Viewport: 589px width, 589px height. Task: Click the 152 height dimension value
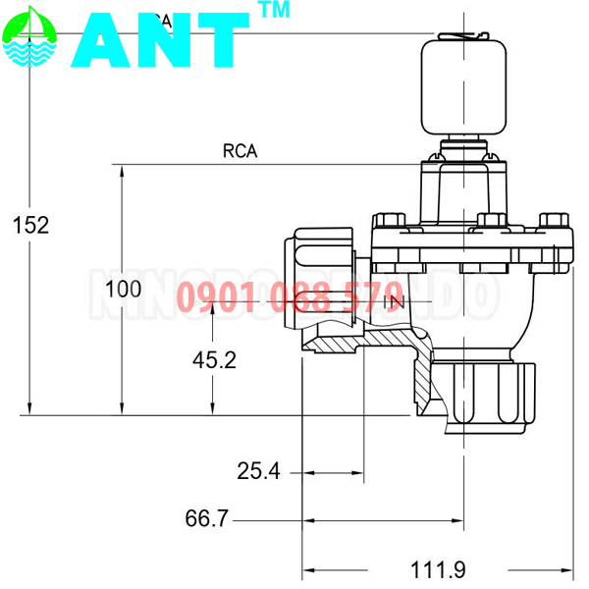click(x=30, y=225)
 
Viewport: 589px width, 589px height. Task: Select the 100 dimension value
click(x=123, y=289)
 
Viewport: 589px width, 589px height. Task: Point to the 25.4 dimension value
click(x=258, y=472)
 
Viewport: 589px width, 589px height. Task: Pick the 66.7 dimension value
click(x=206, y=518)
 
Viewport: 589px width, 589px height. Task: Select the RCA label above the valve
click(x=240, y=151)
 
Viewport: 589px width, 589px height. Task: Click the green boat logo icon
click(x=29, y=38)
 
